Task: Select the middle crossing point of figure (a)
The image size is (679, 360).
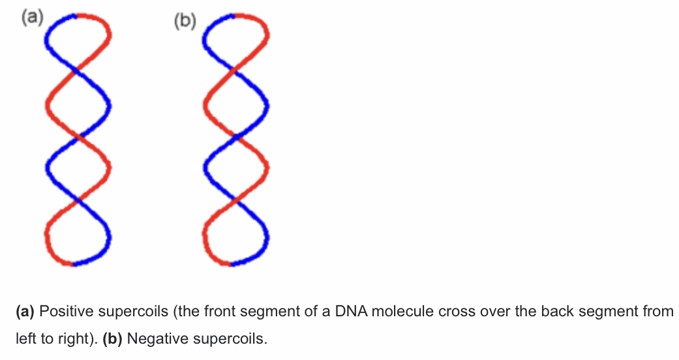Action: (78, 136)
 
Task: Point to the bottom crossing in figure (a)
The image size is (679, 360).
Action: (78, 200)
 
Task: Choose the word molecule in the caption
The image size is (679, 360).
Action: (399, 312)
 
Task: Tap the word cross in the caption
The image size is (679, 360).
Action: (455, 312)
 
